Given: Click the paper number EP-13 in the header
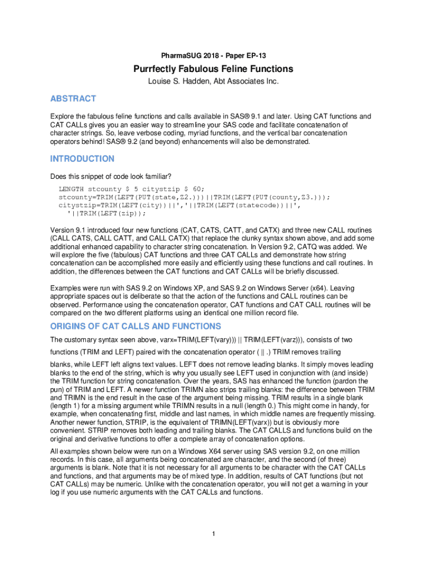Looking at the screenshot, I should (x=259, y=56).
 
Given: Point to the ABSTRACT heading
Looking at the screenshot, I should (x=73, y=99).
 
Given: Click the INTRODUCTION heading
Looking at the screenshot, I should (x=82, y=159).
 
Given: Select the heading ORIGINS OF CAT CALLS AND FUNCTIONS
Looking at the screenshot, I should (x=135, y=326).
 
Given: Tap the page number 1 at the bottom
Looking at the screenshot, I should (x=213, y=534).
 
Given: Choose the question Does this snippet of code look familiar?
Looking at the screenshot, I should (x=111, y=177).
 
